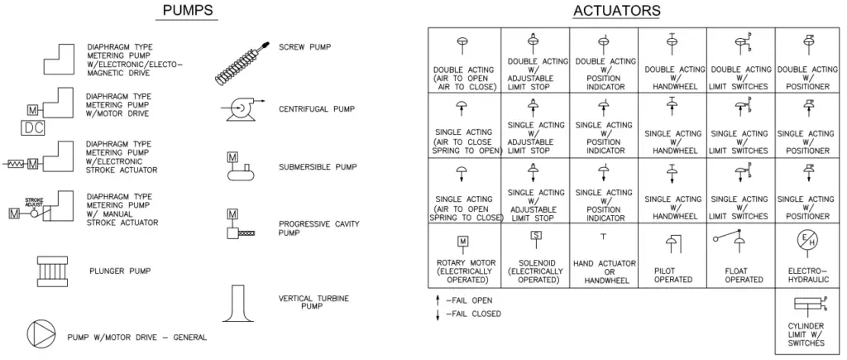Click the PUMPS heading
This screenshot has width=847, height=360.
coord(187,10)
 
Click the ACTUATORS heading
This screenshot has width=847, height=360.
coord(617,11)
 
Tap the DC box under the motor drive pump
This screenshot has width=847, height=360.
coord(33,127)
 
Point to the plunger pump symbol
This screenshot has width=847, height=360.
coord(52,271)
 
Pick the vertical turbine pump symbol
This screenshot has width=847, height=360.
coord(239,303)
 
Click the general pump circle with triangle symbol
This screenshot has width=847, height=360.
coord(41,333)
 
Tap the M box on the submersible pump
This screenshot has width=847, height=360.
coord(232,157)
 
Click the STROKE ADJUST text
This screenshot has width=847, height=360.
coord(34,202)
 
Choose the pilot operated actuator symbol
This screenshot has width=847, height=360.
coord(673,244)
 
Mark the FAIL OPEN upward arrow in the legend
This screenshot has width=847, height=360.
coord(438,300)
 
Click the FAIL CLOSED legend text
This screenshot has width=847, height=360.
coord(473,314)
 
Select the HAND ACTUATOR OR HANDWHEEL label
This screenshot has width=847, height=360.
coord(605,272)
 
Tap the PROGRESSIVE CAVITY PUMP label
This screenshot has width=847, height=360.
coord(318,228)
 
